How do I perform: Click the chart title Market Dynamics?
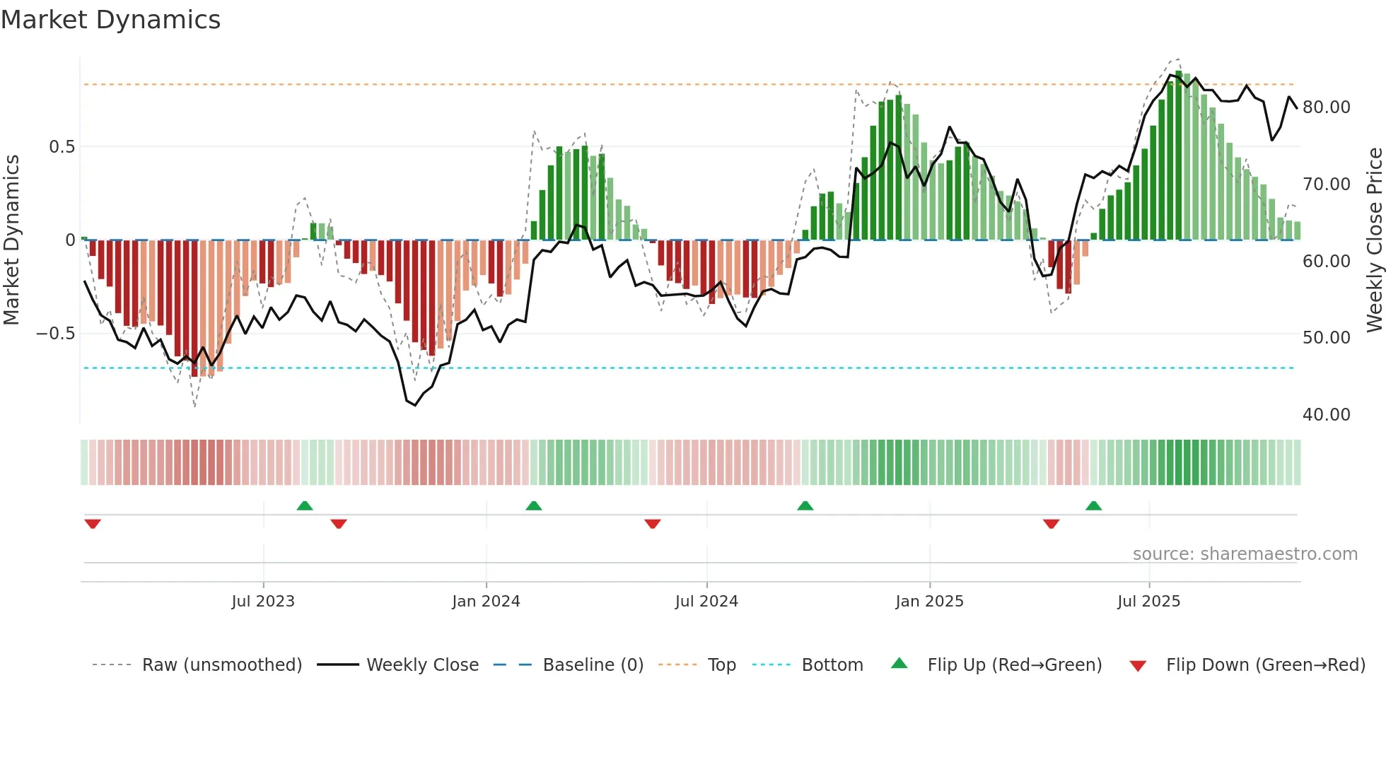tap(110, 20)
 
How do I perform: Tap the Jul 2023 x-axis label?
tap(263, 601)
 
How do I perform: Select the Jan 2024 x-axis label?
tap(486, 601)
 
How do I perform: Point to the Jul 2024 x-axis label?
tap(706, 601)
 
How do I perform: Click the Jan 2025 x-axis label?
tap(929, 601)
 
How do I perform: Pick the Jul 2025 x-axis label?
tap(1148, 601)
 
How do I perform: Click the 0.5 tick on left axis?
tap(62, 147)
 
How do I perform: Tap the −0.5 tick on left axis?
tap(56, 334)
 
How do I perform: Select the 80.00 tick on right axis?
tap(1326, 107)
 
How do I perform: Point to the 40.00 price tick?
tap(1326, 415)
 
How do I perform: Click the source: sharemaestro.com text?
tap(1245, 554)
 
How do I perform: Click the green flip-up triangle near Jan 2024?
tap(534, 506)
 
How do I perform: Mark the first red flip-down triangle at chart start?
tap(93, 524)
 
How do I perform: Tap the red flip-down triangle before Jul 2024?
tap(653, 524)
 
